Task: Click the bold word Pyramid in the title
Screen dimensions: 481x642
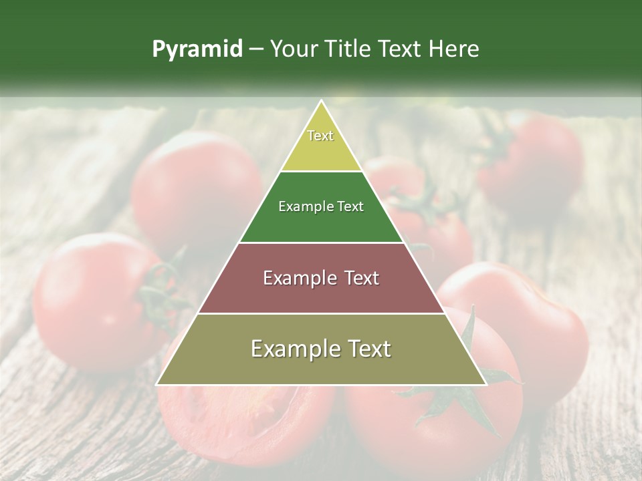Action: click(x=197, y=49)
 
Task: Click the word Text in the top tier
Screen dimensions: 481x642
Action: click(x=320, y=136)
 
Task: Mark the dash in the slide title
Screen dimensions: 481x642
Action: click(x=256, y=49)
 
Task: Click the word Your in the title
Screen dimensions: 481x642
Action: click(x=292, y=49)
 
